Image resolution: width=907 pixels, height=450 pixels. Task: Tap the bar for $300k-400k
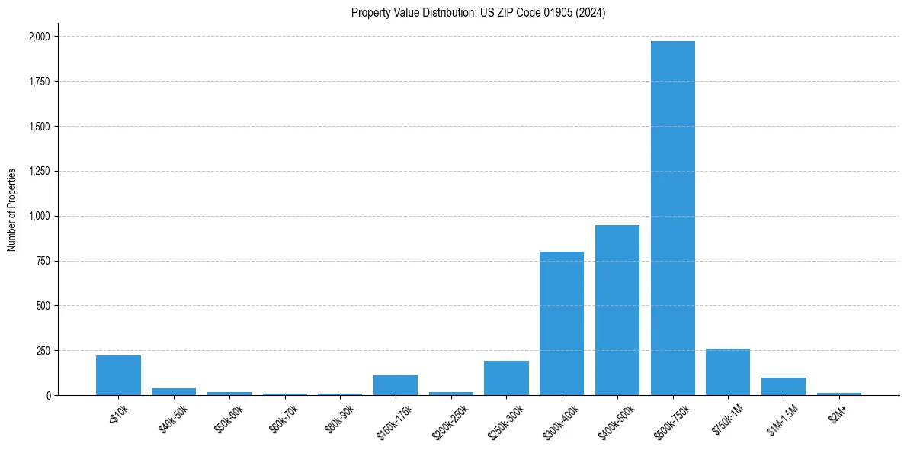coord(562,323)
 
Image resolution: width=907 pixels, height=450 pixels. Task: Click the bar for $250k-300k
coord(506,378)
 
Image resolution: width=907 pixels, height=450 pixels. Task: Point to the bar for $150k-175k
coord(396,385)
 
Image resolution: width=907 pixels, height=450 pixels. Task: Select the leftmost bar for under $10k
coord(118,375)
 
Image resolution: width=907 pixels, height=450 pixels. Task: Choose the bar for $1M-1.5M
coord(784,387)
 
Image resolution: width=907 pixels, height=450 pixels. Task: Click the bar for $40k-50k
coord(174,392)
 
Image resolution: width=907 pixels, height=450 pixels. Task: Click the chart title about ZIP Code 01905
coord(478,13)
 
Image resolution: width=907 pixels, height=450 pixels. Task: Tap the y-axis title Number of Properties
coord(12,210)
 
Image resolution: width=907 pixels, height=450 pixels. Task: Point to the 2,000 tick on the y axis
coord(40,37)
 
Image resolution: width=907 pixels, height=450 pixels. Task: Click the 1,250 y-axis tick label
coord(40,171)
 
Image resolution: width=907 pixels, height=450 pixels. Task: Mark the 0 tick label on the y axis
coord(50,396)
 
